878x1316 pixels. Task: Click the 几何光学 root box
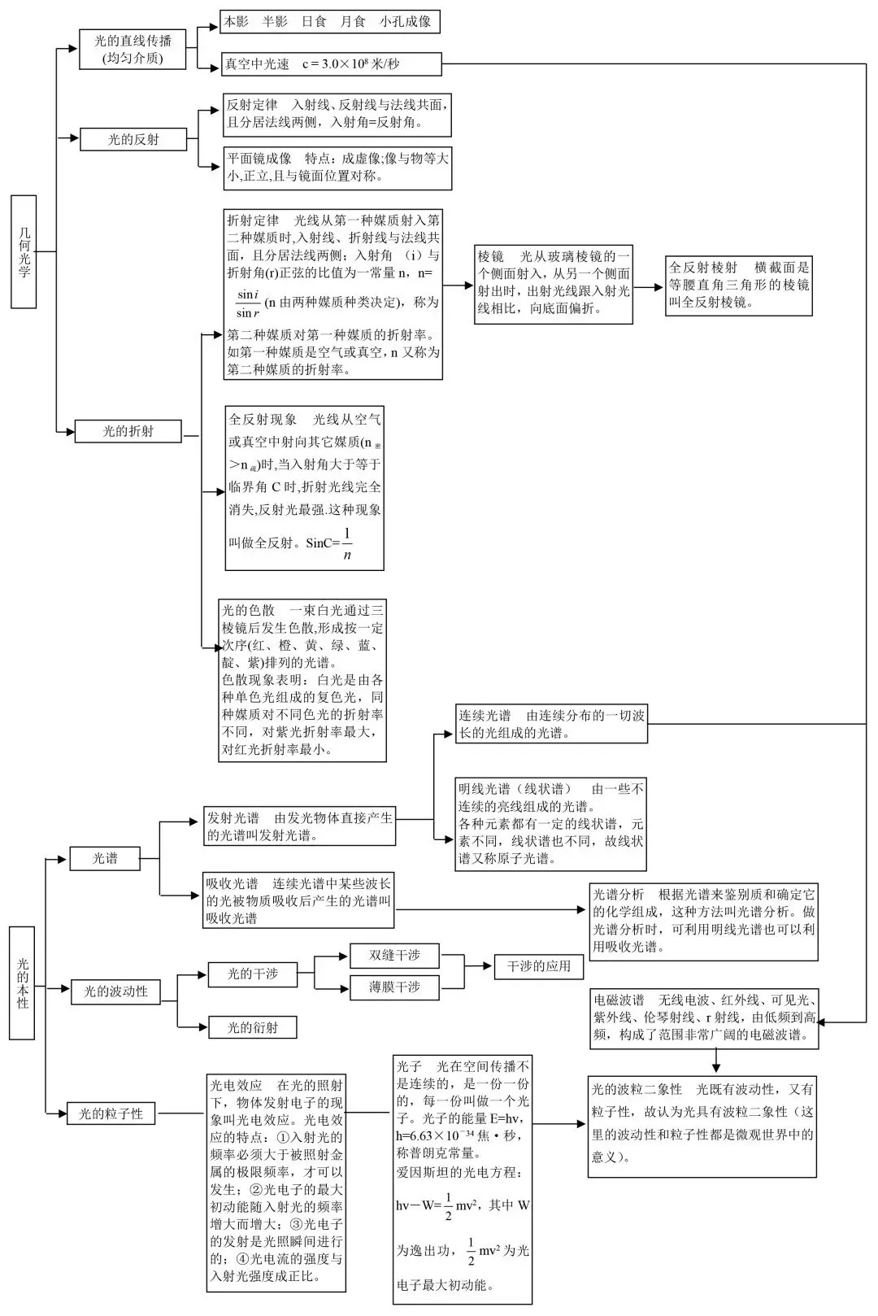coord(24,252)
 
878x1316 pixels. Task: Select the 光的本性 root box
coord(22,983)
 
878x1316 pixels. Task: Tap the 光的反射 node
coord(133,139)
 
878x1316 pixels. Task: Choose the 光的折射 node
coord(128,431)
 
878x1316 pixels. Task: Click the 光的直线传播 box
coord(133,49)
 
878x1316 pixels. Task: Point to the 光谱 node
coord(105,858)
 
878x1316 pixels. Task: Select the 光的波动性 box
coord(115,991)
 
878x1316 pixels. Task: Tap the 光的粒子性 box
coord(111,1113)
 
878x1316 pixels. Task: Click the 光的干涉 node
coord(252,974)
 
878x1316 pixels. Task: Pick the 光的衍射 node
coord(252,1027)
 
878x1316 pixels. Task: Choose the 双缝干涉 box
coord(394,955)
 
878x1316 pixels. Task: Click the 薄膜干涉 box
coord(394,987)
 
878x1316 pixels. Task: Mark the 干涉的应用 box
coord(539,966)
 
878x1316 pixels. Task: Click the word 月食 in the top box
coord(353,22)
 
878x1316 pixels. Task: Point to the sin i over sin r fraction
coord(248,303)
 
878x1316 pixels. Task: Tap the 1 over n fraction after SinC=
coord(347,543)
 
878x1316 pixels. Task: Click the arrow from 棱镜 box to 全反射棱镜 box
coord(648,286)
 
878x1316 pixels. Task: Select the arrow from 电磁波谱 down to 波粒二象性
coord(716,1061)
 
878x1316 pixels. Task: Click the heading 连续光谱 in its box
coord(485,716)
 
